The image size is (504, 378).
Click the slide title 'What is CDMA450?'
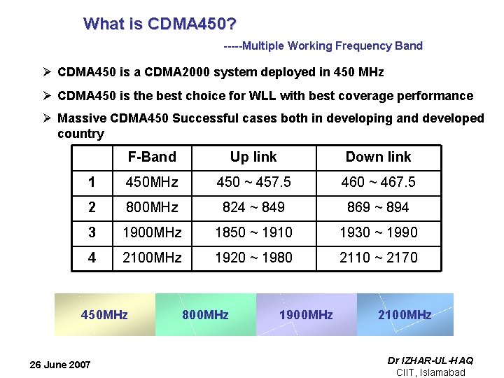(159, 24)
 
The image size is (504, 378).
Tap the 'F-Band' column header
(152, 157)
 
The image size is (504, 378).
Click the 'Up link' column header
(253, 157)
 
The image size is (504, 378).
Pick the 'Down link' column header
(378, 157)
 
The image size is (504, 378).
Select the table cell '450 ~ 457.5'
(253, 182)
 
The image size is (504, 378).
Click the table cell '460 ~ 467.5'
(378, 182)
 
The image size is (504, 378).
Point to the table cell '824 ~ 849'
(253, 207)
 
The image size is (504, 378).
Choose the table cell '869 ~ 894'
(378, 207)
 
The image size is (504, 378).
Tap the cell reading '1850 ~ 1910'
(253, 232)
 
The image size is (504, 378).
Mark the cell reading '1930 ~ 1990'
(378, 232)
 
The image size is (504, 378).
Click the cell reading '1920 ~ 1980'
(253, 258)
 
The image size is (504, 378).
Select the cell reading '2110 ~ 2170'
(378, 258)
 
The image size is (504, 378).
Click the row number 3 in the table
(92, 232)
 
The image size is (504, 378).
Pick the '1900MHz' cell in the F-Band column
(152, 232)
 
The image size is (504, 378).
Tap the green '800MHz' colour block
(205, 314)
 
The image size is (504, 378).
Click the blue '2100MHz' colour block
(405, 314)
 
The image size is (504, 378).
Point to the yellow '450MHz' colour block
(104, 314)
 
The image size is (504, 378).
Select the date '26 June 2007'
(60, 365)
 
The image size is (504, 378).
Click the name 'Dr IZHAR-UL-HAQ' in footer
(430, 360)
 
